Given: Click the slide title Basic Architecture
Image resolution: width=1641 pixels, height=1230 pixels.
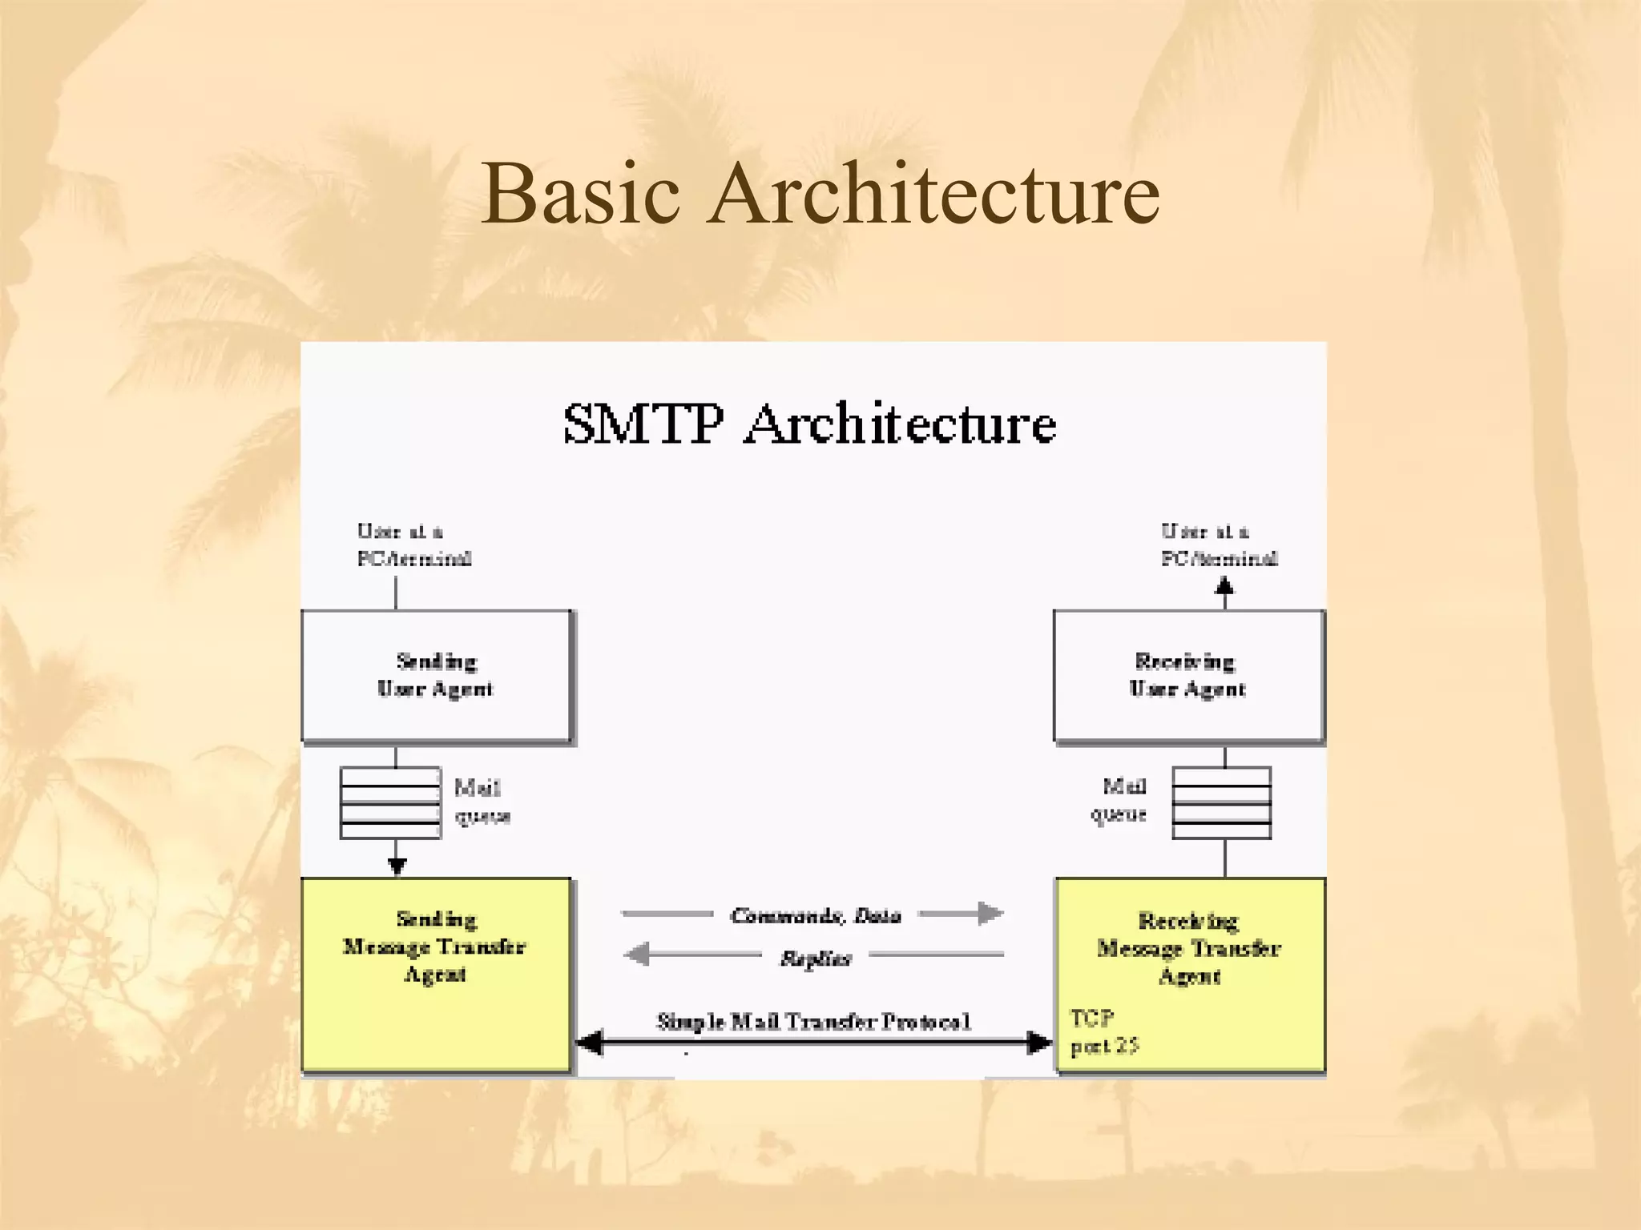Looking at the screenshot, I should [820, 194].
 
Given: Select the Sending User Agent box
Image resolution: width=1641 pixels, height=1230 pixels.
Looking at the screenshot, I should [437, 677].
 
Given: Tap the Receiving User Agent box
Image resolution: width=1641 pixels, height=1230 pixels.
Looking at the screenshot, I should [1187, 677].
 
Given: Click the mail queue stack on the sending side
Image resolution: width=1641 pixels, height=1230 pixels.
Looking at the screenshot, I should [390, 802].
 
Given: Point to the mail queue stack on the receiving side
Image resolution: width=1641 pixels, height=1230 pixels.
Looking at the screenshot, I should [1221, 802].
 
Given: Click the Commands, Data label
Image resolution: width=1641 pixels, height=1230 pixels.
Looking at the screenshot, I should [815, 915].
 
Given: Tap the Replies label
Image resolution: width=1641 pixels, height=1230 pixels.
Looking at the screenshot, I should [815, 958].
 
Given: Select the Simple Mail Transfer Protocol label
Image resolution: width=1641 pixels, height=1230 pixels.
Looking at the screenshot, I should [813, 1022].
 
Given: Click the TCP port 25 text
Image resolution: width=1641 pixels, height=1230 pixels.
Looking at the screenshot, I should [1103, 1032].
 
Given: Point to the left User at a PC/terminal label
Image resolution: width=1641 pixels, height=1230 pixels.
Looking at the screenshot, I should [413, 545].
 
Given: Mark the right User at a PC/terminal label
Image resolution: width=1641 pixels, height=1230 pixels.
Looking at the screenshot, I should [1219, 545].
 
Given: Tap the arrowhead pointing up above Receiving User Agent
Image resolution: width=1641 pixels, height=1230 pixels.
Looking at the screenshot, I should [1224, 586].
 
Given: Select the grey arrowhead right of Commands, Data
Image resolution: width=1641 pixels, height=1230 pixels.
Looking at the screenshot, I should [990, 913].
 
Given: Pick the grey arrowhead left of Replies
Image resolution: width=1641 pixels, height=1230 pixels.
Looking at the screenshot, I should [637, 955].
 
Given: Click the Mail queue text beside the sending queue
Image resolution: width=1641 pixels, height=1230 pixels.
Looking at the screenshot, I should [482, 802].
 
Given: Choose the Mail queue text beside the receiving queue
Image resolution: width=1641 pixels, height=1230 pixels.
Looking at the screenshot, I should [1119, 800].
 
